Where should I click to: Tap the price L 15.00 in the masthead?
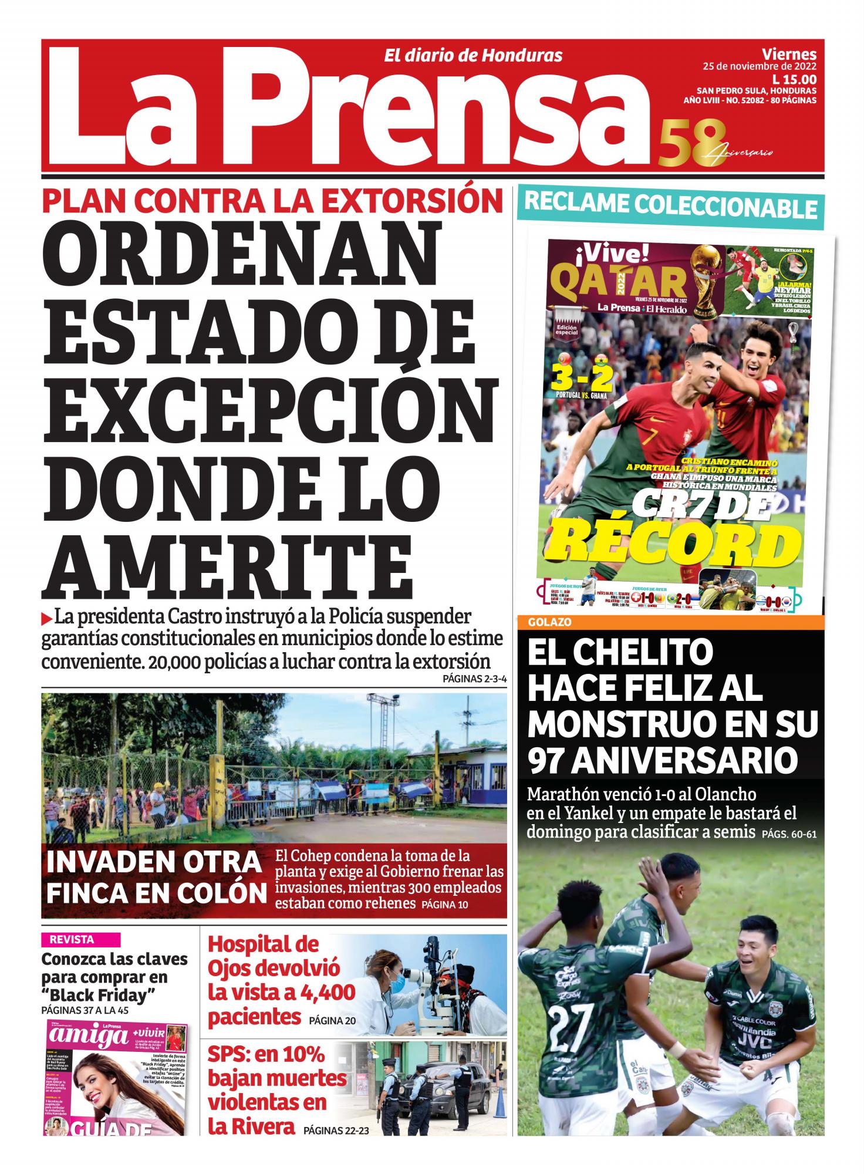point(794,79)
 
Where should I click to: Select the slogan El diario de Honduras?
point(473,56)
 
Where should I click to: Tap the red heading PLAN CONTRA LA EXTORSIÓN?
point(272,201)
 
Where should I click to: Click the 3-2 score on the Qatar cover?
point(582,379)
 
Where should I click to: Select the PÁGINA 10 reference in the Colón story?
point(444,905)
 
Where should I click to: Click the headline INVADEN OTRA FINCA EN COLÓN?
point(156,878)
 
